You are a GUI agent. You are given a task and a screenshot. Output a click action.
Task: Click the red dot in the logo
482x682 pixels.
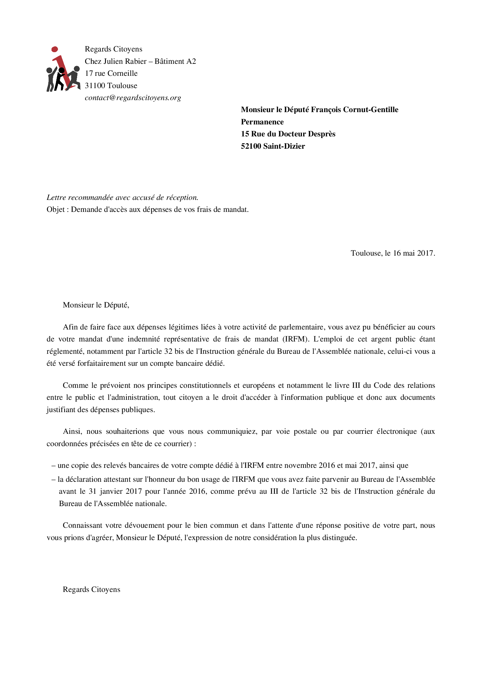coord(55,49)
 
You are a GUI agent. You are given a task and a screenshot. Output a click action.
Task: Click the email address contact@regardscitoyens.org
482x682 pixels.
coord(133,98)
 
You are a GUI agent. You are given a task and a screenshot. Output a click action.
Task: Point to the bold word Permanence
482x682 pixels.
coord(262,122)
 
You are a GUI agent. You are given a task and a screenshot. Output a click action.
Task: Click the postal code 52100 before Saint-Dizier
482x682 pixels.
coord(251,146)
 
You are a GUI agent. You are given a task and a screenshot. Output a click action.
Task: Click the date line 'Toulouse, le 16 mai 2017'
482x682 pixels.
coord(393,253)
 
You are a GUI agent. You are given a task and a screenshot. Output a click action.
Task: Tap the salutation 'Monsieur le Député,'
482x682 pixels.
coord(96,305)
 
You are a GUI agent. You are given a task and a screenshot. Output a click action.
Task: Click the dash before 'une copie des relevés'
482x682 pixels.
coord(54,466)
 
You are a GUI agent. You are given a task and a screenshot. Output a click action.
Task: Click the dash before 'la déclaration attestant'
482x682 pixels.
coord(54,480)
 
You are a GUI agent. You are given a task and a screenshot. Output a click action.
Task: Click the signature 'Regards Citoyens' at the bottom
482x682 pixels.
coord(91,590)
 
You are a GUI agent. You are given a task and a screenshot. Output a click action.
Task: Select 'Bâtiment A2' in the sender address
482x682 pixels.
coord(175,62)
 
